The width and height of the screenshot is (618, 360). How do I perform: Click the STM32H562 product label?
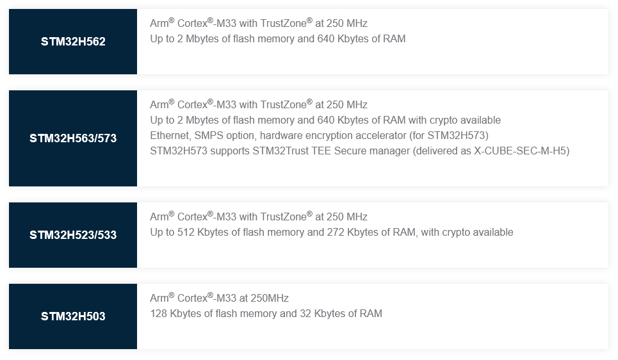73,42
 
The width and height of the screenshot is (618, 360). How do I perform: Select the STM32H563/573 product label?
73,138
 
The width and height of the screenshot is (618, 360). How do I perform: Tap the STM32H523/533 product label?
73,235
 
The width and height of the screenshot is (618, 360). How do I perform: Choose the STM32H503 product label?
73,316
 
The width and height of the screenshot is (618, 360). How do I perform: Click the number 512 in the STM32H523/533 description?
186,233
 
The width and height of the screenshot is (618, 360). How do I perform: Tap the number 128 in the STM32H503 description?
159,314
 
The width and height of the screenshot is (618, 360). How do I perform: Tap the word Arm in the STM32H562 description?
159,24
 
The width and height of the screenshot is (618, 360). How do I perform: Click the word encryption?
324,136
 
